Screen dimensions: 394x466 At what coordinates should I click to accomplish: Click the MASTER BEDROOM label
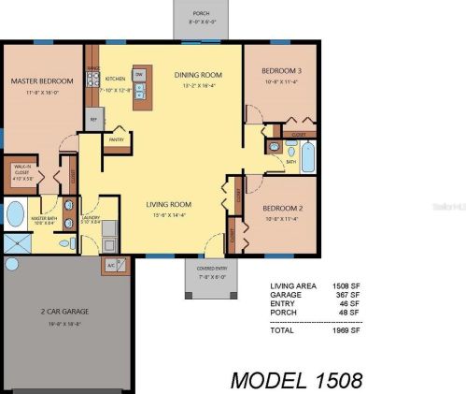point(40,81)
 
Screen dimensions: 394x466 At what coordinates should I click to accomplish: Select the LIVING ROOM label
point(169,203)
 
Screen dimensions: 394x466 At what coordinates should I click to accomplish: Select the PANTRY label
point(117,140)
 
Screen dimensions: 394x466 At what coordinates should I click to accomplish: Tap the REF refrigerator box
point(93,120)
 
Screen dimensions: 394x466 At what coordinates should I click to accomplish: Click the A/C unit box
point(111,266)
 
